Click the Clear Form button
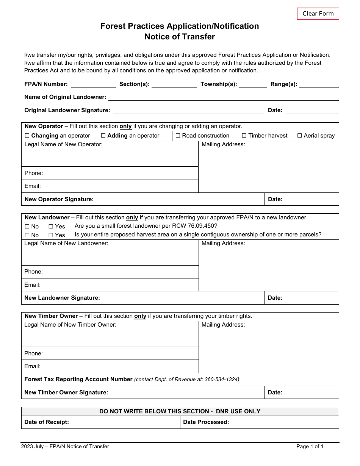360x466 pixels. tap(318, 14)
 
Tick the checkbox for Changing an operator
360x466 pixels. tap(27, 136)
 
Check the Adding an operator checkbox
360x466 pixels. tap(103, 136)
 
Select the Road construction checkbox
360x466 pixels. tap(178, 136)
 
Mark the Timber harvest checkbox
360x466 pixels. tap(244, 136)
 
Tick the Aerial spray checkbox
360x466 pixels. tap(300, 136)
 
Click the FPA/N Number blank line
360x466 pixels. tap(93, 84)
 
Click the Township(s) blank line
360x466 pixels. tap(253, 84)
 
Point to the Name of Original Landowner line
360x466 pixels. tap(223, 97)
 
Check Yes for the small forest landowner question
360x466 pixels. tap(51, 227)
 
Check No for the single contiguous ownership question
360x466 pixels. tap(27, 235)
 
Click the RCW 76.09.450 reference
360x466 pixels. tap(193, 226)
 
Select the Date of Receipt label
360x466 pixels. tap(47, 422)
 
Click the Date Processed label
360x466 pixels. tap(206, 422)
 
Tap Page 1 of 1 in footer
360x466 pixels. tap(310, 446)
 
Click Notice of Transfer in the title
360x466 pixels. tap(180, 37)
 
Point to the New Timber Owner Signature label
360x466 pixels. tap(66, 393)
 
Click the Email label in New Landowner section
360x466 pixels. tap(33, 285)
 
